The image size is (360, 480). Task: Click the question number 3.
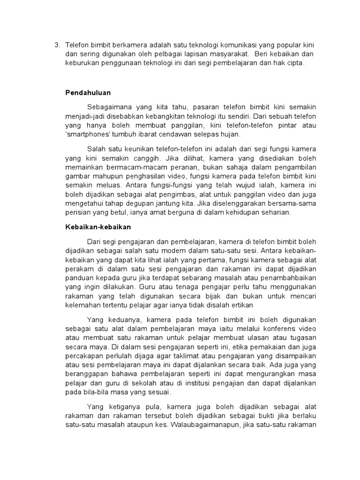pyautogui.click(x=57, y=45)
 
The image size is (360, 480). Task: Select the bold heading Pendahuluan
pyautogui.click(x=88, y=93)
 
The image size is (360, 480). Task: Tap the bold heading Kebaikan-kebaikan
pyautogui.click(x=97, y=226)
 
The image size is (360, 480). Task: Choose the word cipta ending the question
pyautogui.click(x=296, y=63)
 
